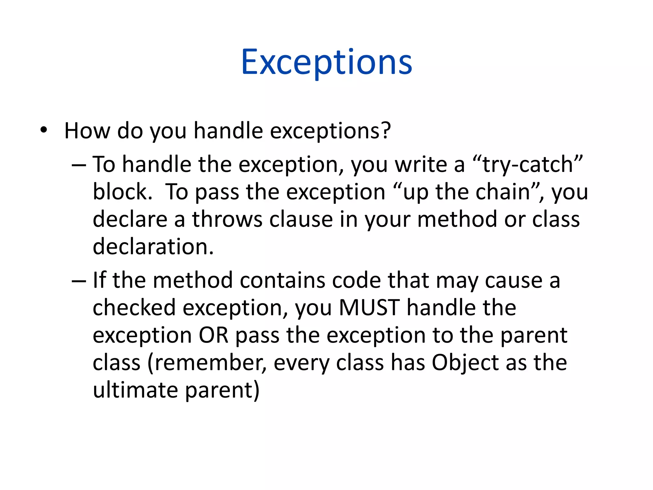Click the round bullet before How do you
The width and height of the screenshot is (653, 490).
[x=44, y=130]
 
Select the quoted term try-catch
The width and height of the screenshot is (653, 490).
[x=528, y=165]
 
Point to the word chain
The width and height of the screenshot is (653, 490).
[x=503, y=192]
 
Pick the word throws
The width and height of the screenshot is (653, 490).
[x=227, y=219]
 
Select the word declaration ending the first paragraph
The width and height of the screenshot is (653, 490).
[x=152, y=247]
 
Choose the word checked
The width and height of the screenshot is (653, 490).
[x=134, y=308]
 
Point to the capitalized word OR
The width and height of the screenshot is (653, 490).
[x=213, y=335]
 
